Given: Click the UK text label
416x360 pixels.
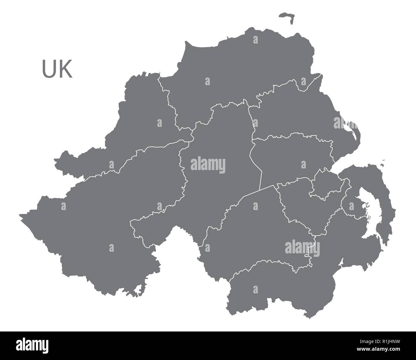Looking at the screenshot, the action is pyautogui.click(x=57, y=69).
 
